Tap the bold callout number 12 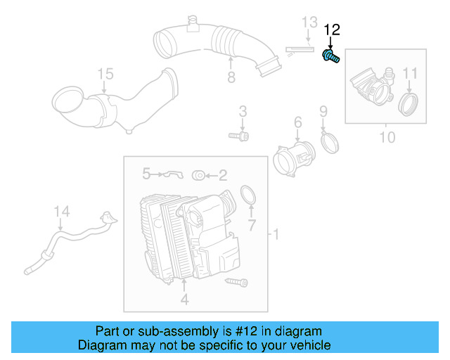(331, 30)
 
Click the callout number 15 (105, 73)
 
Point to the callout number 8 (231, 77)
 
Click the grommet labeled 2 (198, 174)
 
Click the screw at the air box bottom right (237, 282)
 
